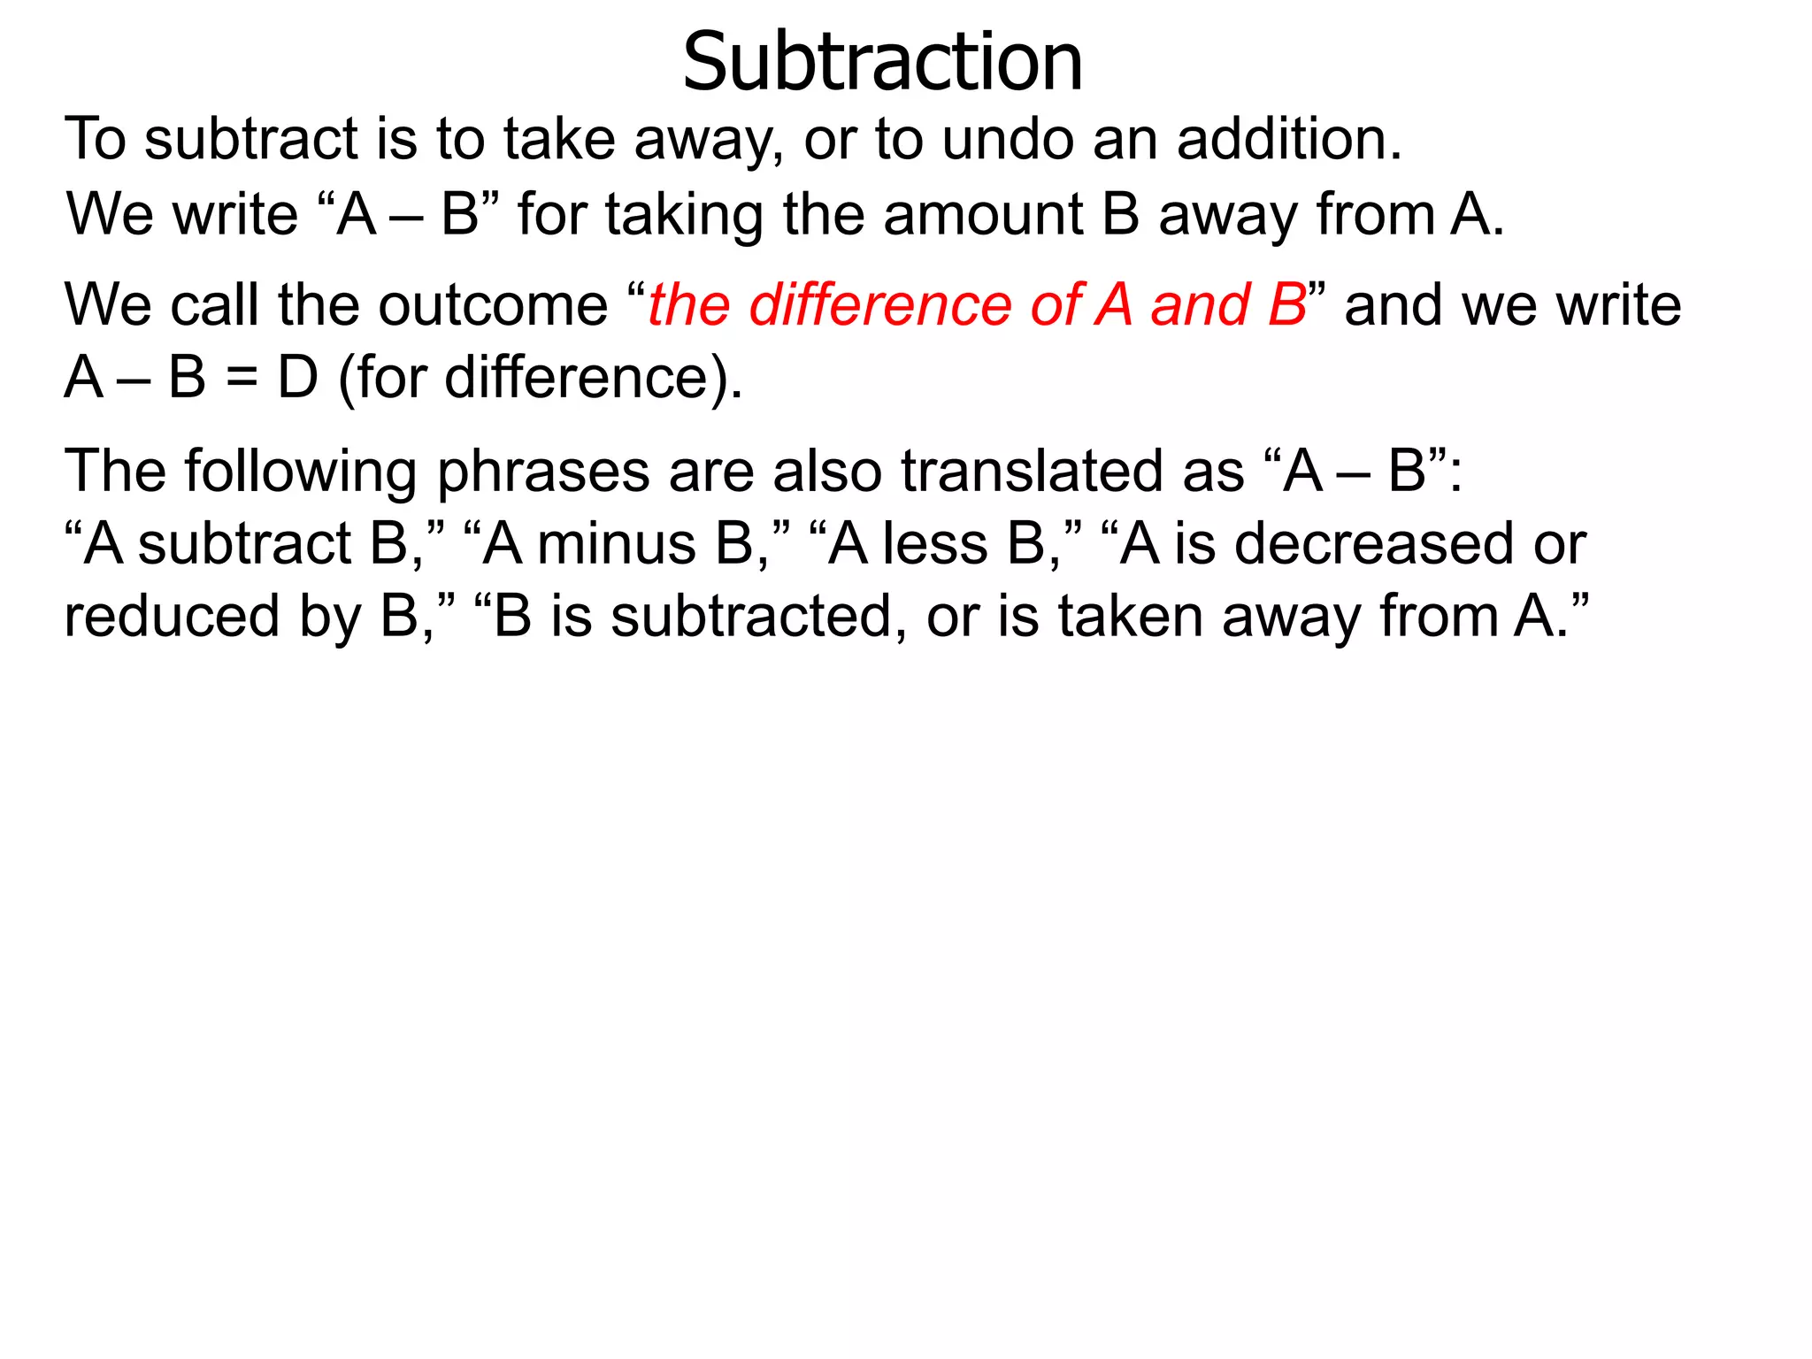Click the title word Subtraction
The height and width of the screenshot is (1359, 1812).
pos(882,62)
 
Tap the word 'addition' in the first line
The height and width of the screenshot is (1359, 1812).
pos(1288,139)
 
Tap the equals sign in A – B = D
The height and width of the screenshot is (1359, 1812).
pos(242,379)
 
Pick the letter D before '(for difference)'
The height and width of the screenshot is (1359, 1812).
pos(297,378)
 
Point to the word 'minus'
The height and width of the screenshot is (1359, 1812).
pos(616,543)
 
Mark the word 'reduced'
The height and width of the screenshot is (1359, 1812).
pos(172,617)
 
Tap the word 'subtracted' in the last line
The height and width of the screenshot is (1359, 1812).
pos(751,617)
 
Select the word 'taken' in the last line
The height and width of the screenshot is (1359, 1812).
pos(1130,617)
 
